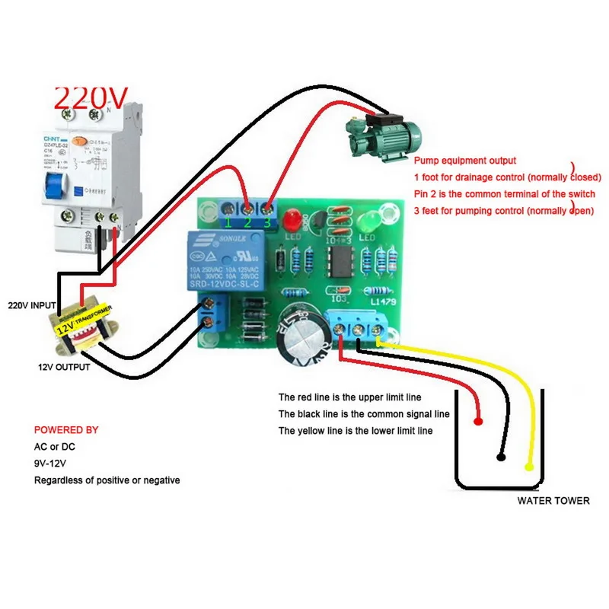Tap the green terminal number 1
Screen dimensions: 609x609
tap(227, 222)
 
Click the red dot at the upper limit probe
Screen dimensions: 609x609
tap(478, 421)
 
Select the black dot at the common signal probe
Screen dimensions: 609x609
tap(500, 458)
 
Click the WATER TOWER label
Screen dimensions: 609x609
tap(553, 500)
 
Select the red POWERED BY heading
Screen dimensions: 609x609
tap(66, 430)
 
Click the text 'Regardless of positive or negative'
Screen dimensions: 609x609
tap(107, 480)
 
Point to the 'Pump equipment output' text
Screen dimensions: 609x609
tap(464, 161)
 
